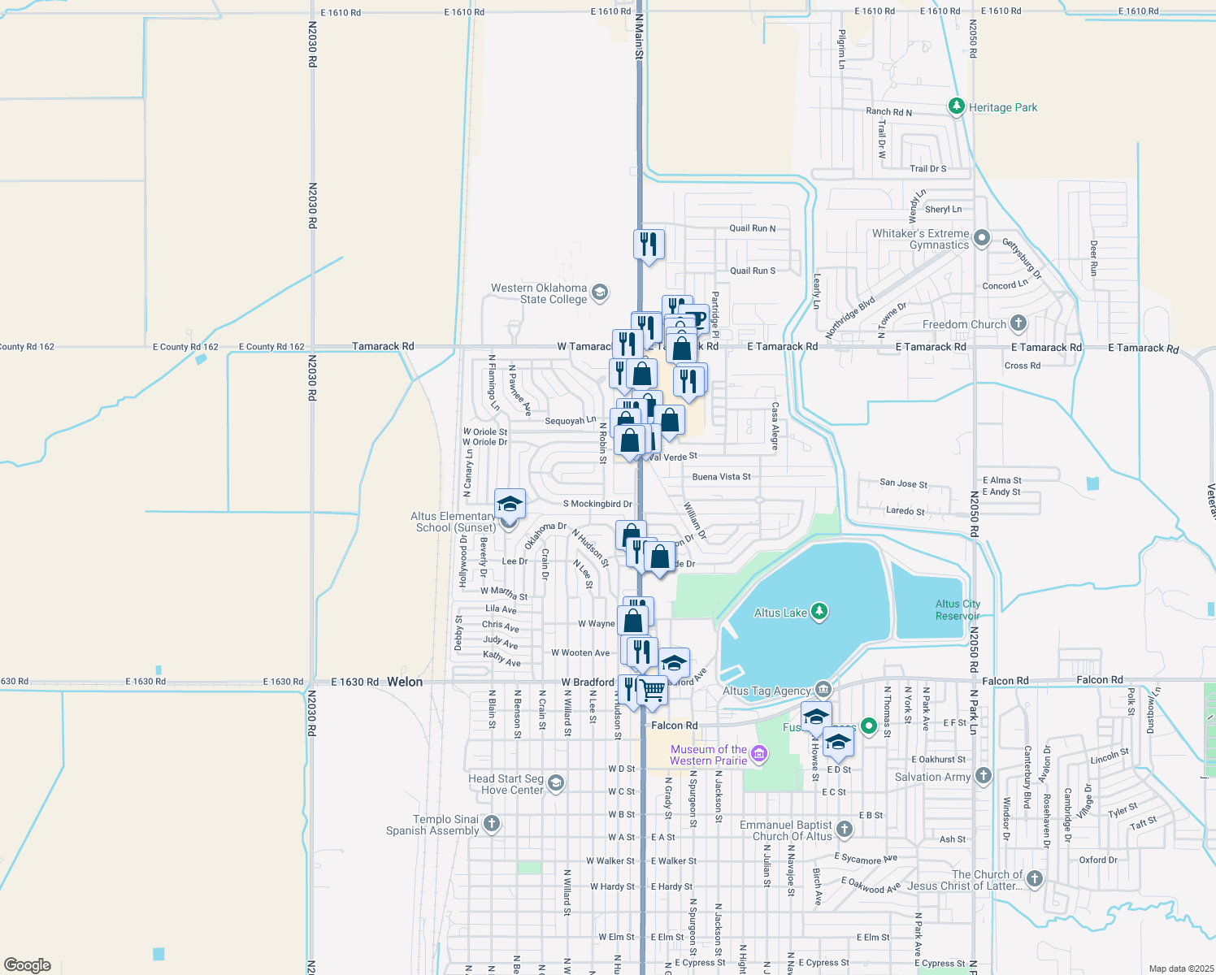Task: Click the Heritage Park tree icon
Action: coord(957,106)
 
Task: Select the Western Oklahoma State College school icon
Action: coord(600,292)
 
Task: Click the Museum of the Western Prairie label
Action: coord(708,755)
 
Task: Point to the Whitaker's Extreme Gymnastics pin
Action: coord(982,238)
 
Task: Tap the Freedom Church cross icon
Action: coord(1018,323)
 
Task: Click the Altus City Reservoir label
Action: coord(958,609)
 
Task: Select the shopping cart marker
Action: coord(653,691)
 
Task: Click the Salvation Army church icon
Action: coord(984,776)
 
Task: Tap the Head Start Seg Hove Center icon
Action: coord(556,783)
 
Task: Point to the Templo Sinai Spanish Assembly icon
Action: coord(491,824)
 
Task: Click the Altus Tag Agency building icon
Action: coord(823,690)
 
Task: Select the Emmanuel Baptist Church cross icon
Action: coord(845,829)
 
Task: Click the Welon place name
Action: coord(405,682)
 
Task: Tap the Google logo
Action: coord(28,965)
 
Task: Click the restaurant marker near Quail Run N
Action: coord(649,244)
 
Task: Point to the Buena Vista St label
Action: coord(721,477)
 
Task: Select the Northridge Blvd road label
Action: coord(850,318)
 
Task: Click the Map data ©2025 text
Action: coord(1180,968)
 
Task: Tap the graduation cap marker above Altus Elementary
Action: coord(510,505)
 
